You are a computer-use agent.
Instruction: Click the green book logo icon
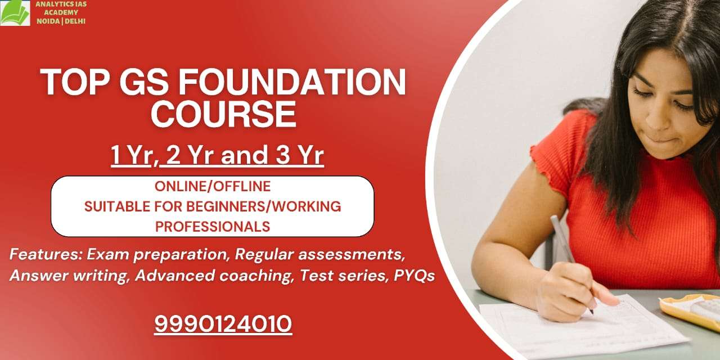(x=15, y=13)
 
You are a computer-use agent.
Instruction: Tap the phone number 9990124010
(x=223, y=324)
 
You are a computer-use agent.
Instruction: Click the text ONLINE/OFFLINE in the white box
(x=213, y=186)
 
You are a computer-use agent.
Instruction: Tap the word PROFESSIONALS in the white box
(x=213, y=227)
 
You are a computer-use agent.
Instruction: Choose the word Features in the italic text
(x=46, y=254)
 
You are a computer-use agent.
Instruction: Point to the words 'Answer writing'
(x=69, y=276)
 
